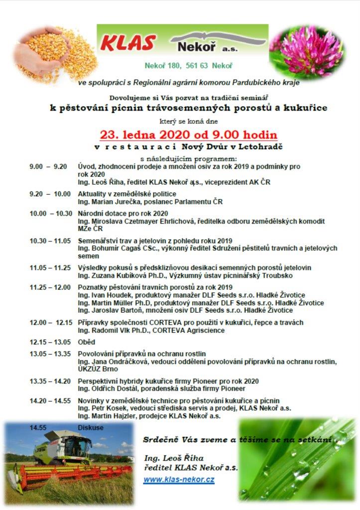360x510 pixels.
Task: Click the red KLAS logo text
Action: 128,43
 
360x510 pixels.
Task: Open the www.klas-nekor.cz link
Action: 179,480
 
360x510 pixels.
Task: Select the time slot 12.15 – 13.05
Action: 50,342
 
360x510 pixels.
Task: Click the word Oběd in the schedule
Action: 86,342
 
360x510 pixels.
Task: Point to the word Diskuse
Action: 91,427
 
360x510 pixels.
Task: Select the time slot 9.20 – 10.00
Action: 50,194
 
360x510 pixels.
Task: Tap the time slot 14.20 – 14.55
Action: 50,400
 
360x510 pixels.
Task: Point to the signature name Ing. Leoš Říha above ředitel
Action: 174,458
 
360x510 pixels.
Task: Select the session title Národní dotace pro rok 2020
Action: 116,213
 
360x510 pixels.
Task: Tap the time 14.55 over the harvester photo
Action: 38,427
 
